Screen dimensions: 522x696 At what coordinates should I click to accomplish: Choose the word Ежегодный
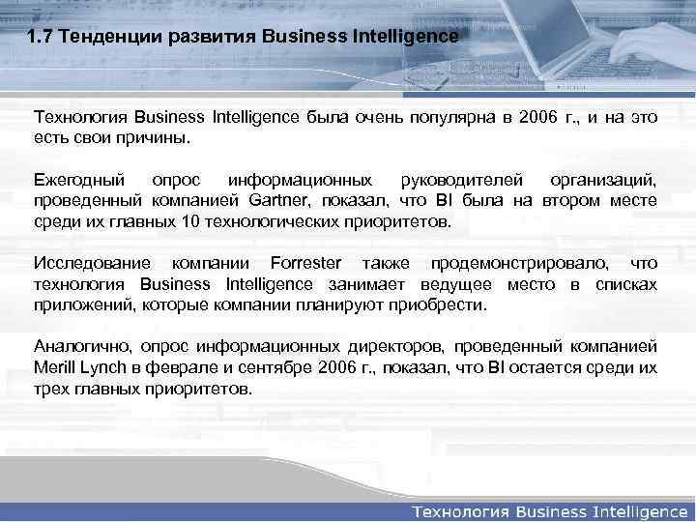79,182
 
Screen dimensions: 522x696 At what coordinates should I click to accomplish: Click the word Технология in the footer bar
460,509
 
